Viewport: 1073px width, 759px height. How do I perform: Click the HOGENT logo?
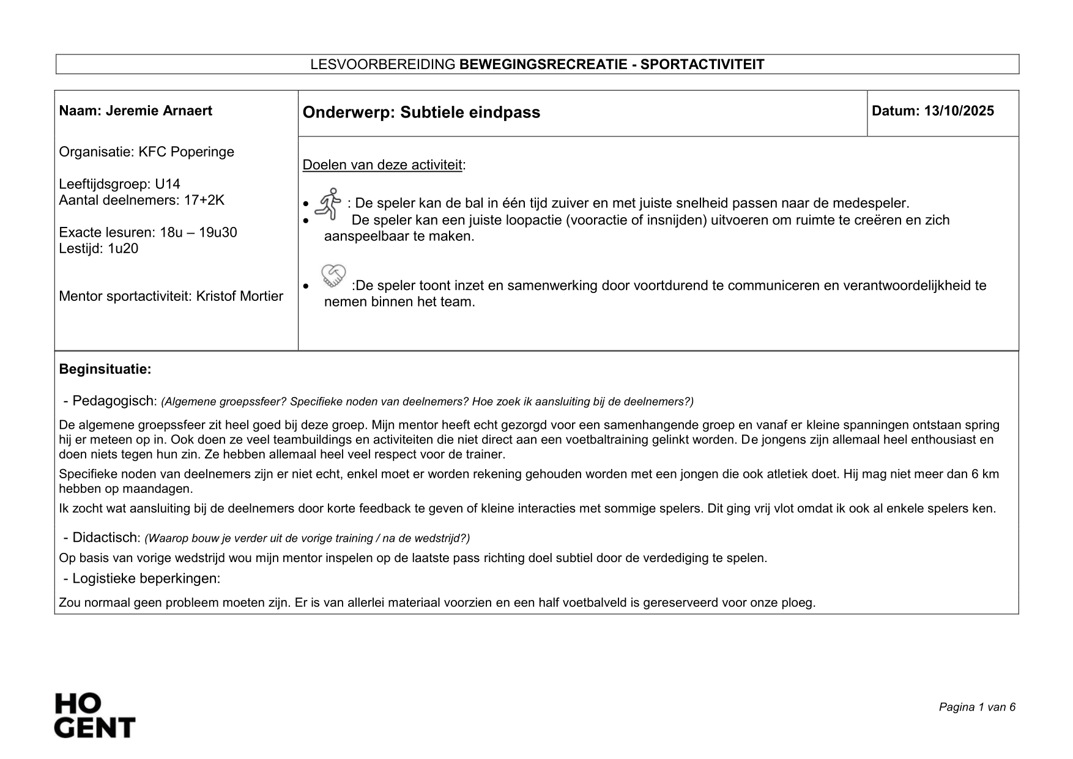tap(95, 715)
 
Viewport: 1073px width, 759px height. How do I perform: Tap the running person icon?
tap(328, 204)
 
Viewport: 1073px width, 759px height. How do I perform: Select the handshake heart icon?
tap(333, 276)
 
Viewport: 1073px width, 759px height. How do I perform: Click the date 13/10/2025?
tap(959, 111)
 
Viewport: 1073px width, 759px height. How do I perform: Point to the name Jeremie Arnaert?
tap(159, 111)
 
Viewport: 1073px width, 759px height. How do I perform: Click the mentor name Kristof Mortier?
tap(239, 297)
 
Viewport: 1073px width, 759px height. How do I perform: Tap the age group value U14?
tap(168, 185)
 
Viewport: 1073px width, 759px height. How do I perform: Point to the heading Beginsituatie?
tap(105, 369)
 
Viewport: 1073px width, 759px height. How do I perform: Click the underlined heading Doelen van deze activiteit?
tap(382, 165)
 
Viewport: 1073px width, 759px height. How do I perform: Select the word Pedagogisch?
tap(114, 401)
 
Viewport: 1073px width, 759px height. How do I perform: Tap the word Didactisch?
tap(106, 538)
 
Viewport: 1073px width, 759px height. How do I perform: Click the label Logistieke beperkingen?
tap(146, 579)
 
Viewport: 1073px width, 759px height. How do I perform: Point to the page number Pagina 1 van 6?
tap(977, 708)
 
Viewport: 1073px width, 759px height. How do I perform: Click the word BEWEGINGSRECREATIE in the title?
tap(543, 65)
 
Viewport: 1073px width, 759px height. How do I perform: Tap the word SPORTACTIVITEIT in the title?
tap(702, 65)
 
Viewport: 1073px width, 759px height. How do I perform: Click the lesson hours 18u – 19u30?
tap(198, 232)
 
